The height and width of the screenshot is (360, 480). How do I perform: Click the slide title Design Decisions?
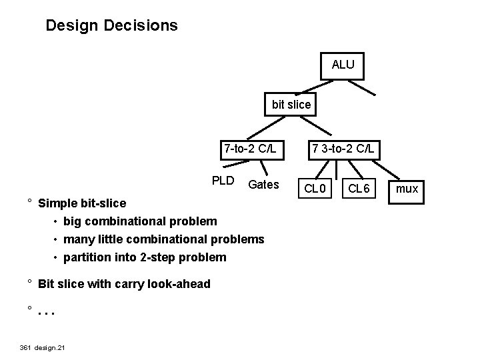tap(111, 26)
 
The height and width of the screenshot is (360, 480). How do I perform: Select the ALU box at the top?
tap(343, 65)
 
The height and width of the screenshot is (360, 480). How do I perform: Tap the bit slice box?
tap(291, 105)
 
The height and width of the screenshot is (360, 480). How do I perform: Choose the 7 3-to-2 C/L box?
tap(343, 148)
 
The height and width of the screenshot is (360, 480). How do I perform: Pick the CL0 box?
tap(314, 189)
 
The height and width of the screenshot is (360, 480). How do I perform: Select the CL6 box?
tap(359, 189)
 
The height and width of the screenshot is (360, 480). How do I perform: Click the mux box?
tap(407, 189)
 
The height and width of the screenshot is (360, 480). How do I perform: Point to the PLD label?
tap(223, 181)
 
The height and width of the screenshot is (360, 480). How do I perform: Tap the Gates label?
tap(263, 184)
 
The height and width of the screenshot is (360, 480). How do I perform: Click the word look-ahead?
tap(180, 284)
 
